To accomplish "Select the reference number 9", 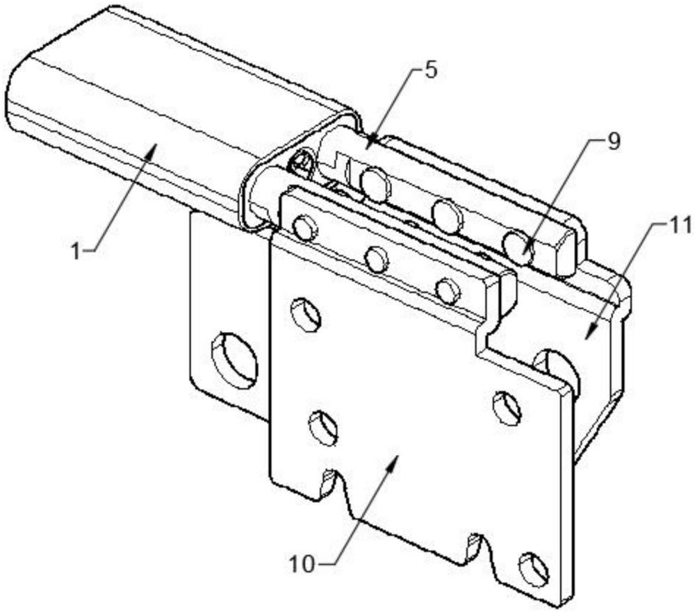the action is [x=614, y=142].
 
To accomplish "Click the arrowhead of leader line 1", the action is [x=152, y=149].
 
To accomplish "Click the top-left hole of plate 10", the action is [x=305, y=314].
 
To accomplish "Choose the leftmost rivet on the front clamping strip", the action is [x=305, y=228].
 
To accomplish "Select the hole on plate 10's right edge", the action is [x=507, y=406].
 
